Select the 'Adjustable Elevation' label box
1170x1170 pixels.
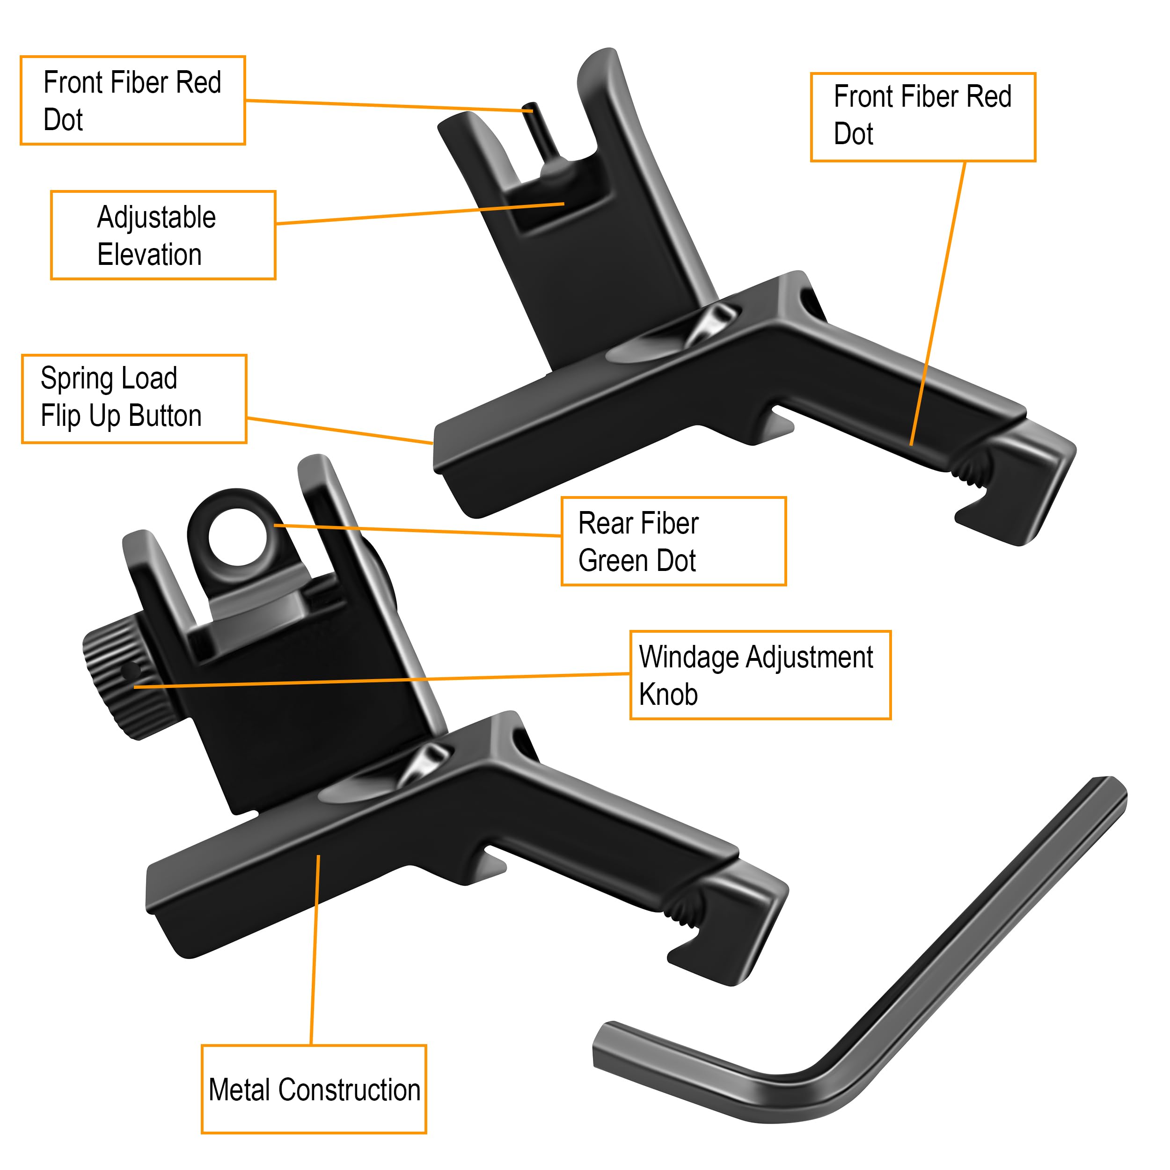[x=163, y=235]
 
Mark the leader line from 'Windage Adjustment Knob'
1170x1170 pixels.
[x=381, y=680]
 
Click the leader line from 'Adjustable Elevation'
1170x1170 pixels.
[x=420, y=214]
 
